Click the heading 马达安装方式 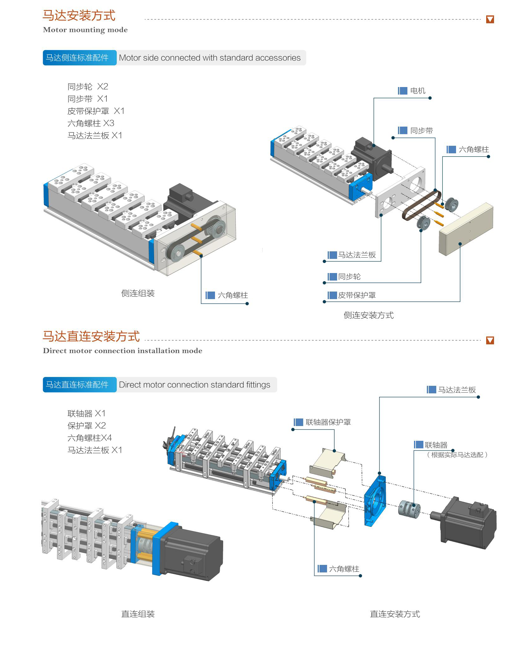tap(79, 15)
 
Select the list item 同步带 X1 tap(88, 99)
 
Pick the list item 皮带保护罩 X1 tap(96, 111)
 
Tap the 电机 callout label tap(417, 91)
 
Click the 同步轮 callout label tap(349, 277)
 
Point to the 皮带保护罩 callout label tap(357, 295)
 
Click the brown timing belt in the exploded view tap(421, 205)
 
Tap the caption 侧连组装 tap(138, 293)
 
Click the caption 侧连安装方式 tap(368, 315)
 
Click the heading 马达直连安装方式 tap(91, 336)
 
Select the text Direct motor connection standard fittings tap(194, 385)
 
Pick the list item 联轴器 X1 tap(86, 413)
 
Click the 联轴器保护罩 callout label tap(328, 422)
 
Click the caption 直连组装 tap(138, 614)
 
